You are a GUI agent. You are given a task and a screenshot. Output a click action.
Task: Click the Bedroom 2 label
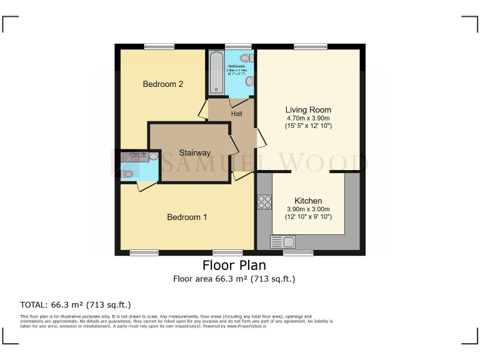[x=162, y=84]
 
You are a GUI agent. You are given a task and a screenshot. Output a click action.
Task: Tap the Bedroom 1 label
[x=187, y=217]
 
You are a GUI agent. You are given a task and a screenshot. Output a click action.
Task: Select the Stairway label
[x=195, y=152]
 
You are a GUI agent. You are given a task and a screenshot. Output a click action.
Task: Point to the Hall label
[x=237, y=114]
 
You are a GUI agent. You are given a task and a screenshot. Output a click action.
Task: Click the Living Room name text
[x=308, y=110]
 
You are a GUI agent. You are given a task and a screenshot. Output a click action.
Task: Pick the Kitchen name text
[x=308, y=201]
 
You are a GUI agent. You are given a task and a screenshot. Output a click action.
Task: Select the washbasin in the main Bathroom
[x=249, y=81]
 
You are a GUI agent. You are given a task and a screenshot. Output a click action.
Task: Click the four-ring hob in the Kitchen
[x=264, y=201]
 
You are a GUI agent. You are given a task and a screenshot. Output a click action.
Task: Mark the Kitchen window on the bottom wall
[x=298, y=253]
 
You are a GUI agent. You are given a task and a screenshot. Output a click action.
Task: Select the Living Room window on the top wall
[x=311, y=46]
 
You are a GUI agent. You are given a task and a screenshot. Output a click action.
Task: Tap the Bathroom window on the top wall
[x=238, y=46]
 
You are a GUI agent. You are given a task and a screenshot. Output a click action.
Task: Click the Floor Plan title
[x=234, y=265]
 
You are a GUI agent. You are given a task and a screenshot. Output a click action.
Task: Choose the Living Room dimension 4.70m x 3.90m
[x=308, y=118]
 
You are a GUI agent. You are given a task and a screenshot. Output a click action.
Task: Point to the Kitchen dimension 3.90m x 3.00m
[x=308, y=209]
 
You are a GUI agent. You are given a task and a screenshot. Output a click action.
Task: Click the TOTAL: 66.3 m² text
[x=76, y=305]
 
